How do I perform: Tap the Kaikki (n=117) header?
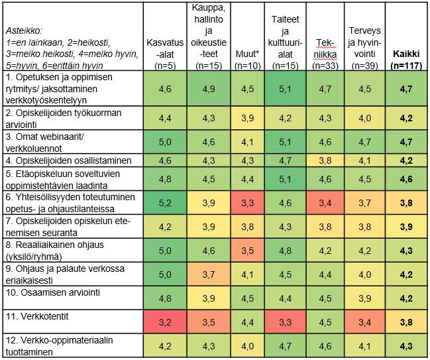(x=408, y=60)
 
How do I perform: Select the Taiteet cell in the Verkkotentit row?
(x=286, y=322)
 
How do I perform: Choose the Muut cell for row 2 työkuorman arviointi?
(x=246, y=117)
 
